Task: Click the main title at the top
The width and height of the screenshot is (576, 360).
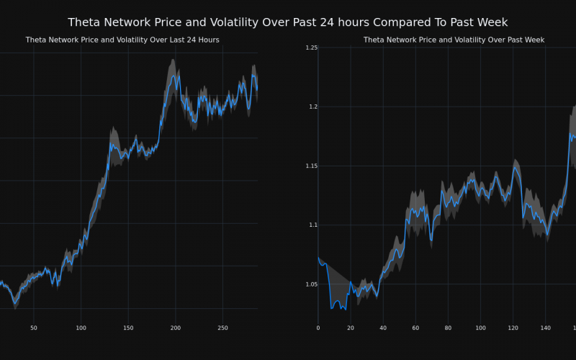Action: pos(287,22)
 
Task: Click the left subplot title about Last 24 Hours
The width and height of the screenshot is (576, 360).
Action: pos(122,40)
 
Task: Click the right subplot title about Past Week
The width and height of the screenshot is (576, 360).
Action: pos(454,40)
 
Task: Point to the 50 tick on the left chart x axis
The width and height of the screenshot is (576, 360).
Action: pos(34,328)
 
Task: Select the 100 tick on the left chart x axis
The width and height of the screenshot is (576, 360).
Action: pos(81,328)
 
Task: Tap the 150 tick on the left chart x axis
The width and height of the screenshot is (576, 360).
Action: pos(128,328)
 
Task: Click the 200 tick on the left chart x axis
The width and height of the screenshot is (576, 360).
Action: pos(176,328)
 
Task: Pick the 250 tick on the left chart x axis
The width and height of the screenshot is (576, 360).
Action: pos(222,328)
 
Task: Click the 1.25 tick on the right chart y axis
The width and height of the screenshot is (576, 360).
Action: pos(311,48)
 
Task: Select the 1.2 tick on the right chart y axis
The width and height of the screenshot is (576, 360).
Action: pos(312,107)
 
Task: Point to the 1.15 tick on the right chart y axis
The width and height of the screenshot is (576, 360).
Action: pos(311,166)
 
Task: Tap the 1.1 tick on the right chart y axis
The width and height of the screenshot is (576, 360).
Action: pos(312,225)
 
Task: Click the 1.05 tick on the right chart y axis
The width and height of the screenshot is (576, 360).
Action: pos(311,284)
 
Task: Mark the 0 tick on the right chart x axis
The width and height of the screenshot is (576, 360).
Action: pos(318,328)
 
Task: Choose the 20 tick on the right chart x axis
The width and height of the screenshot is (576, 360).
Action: pos(351,328)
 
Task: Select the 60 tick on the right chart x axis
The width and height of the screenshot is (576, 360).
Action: pos(415,328)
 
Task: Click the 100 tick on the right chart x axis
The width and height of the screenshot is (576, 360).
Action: pos(480,328)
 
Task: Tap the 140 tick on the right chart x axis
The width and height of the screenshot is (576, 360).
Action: pos(545,328)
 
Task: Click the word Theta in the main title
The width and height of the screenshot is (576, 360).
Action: pos(86,22)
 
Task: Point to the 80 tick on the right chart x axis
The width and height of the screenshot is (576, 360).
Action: pos(448,328)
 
